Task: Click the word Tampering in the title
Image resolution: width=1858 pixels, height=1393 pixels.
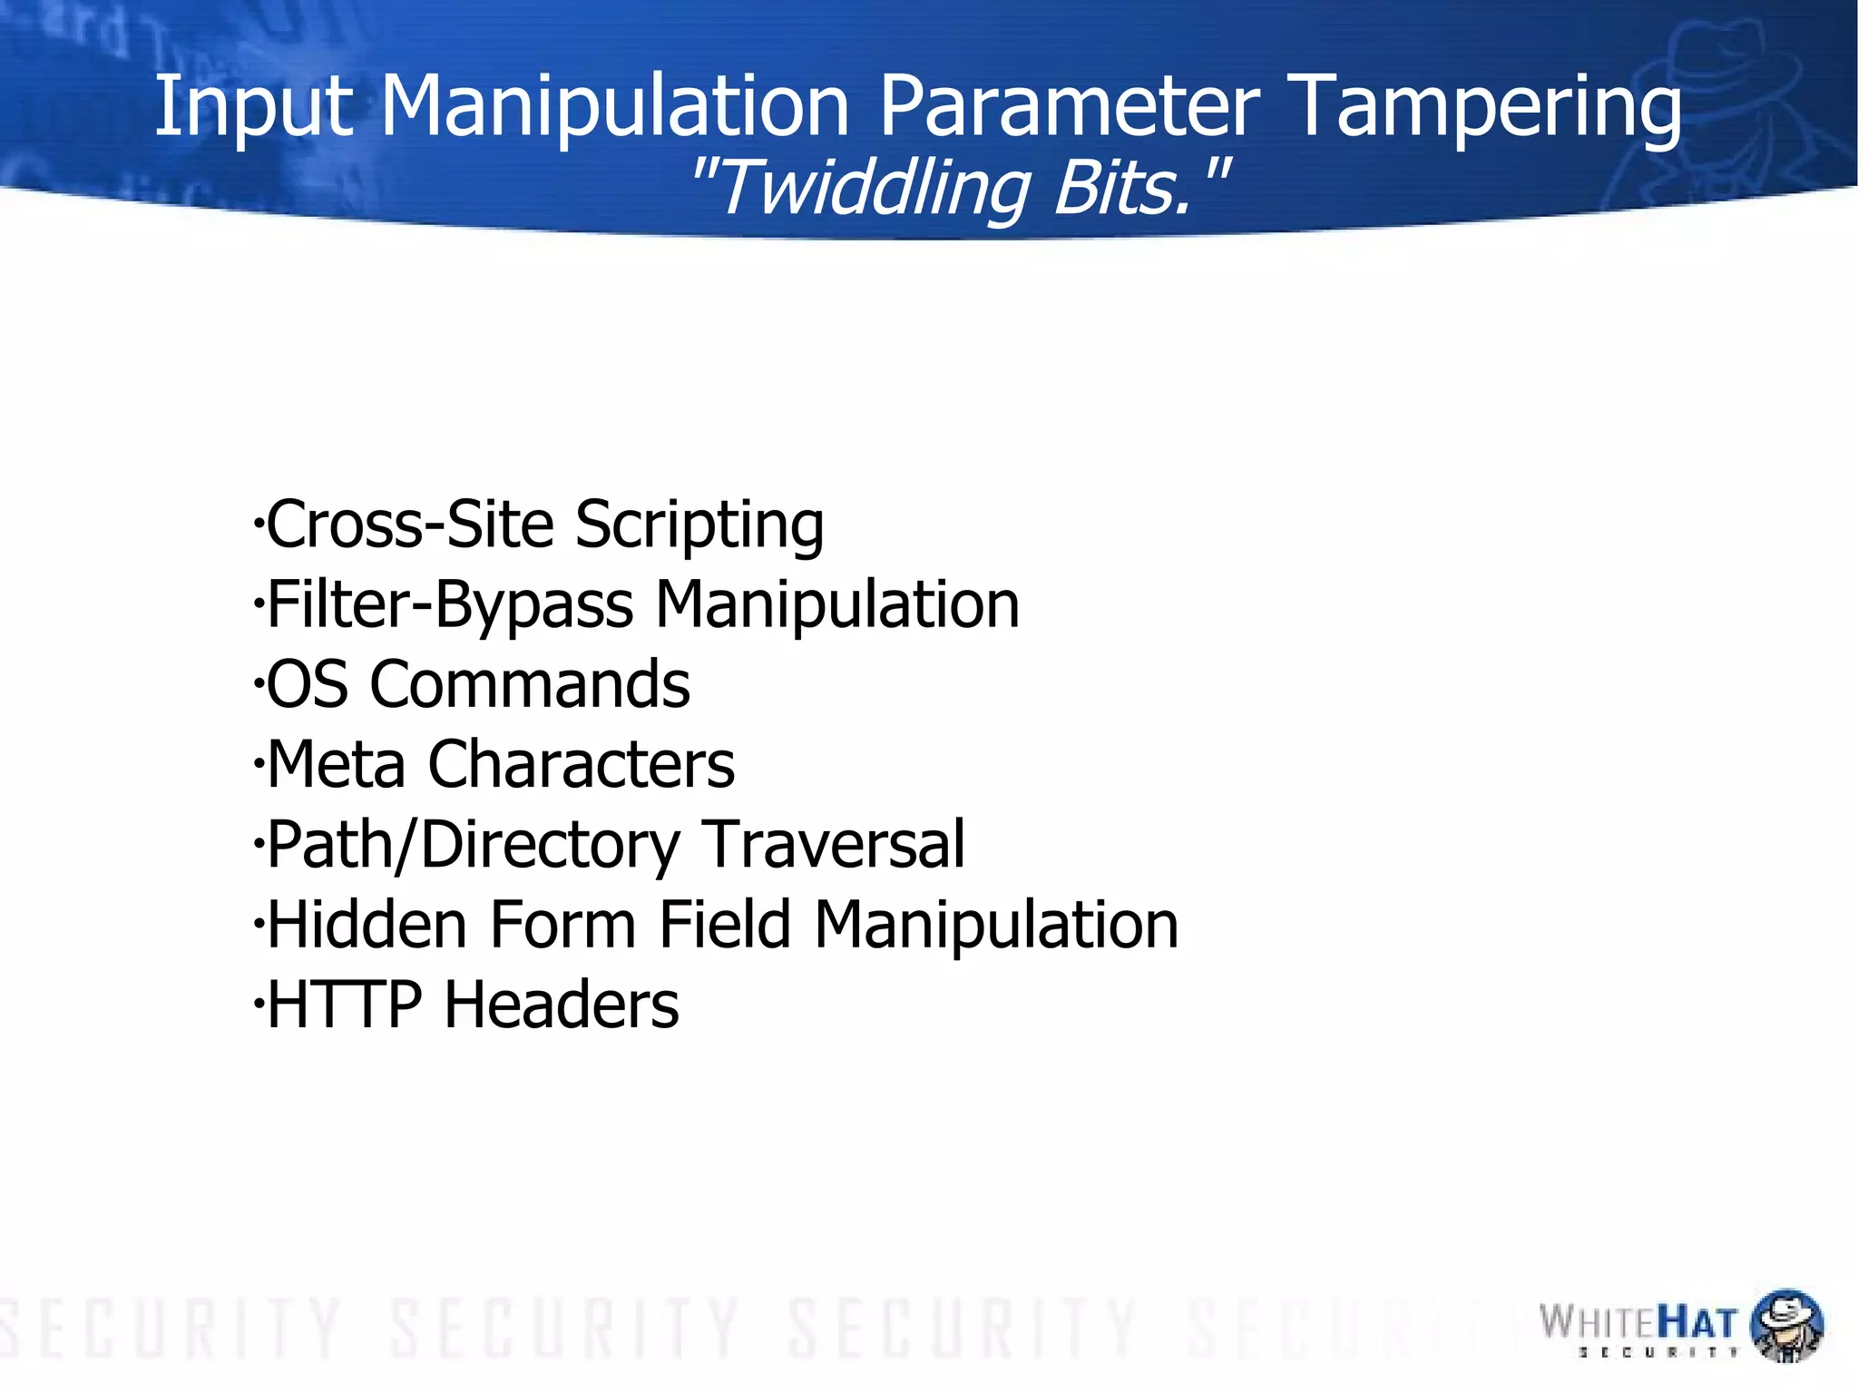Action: [1484, 109]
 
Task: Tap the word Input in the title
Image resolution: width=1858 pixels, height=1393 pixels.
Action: [252, 109]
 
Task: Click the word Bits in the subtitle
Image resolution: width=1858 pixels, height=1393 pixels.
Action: [1125, 189]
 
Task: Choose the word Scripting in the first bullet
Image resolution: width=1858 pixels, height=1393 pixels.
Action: [699, 526]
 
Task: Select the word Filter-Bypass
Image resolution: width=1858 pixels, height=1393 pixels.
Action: [450, 606]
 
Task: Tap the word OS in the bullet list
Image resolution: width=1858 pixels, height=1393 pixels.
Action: [307, 684]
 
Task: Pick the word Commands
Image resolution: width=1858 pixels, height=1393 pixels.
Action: [530, 684]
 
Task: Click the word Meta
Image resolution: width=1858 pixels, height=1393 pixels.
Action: [336, 764]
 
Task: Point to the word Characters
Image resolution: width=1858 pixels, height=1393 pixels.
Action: [581, 764]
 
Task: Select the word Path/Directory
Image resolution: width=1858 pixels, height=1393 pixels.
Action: [473, 846]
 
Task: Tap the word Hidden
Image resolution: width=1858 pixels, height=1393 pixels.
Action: [367, 925]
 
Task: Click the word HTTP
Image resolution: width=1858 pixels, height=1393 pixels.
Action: [345, 1005]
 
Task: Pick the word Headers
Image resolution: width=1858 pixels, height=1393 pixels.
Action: [561, 1005]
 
